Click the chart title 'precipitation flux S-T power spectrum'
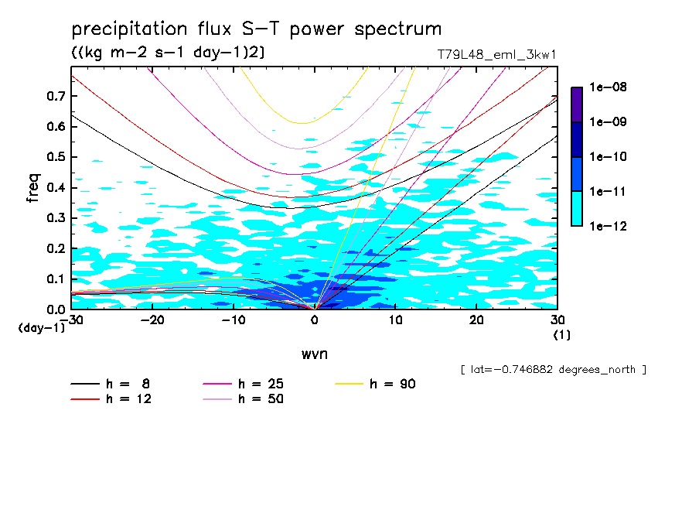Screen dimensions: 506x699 click(256, 29)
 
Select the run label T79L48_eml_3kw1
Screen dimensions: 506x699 click(496, 55)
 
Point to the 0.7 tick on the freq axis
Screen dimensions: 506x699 click(56, 96)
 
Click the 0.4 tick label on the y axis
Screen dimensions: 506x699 click(56, 187)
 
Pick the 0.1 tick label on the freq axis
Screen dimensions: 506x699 click(56, 279)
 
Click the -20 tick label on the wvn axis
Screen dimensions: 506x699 click(152, 320)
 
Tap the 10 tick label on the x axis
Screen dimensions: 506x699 click(395, 320)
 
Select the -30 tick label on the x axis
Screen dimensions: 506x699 click(71, 320)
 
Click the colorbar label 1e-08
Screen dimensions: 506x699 click(609, 87)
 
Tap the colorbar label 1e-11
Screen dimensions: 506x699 click(609, 191)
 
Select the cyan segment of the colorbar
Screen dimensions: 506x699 click(577, 208)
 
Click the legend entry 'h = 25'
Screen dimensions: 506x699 click(261, 384)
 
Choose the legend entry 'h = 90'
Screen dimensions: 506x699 click(393, 384)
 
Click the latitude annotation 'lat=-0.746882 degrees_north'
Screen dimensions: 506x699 click(553, 370)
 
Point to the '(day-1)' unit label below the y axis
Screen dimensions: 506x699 click(42, 328)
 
